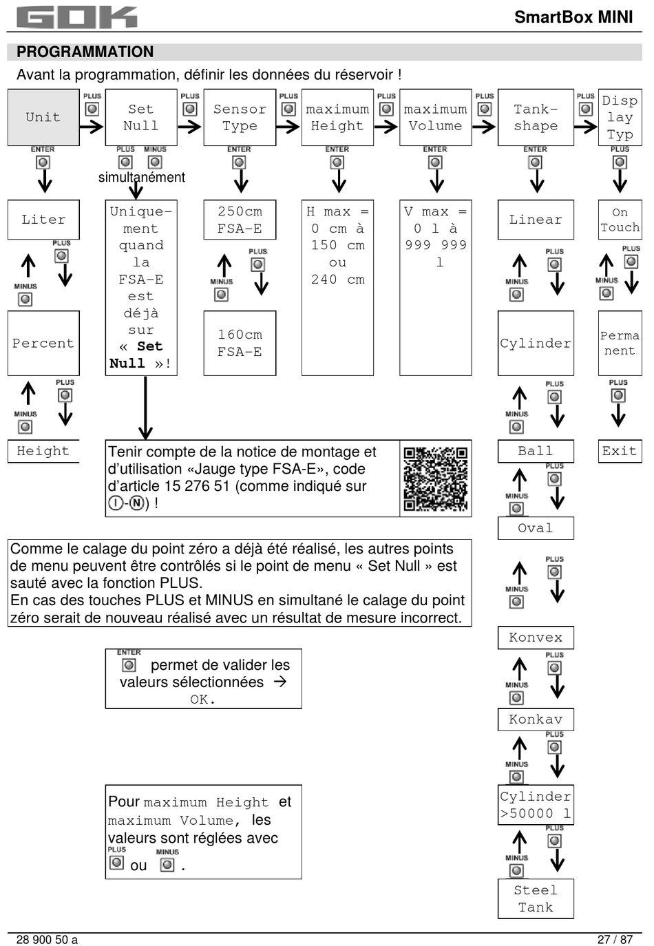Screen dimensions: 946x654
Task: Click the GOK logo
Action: (x=76, y=17)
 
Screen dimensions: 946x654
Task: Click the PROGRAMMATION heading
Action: (x=85, y=52)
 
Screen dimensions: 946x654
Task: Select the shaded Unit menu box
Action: (x=43, y=117)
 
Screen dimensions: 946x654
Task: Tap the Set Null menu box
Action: (x=140, y=117)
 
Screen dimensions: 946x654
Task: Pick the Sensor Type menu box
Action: (x=240, y=117)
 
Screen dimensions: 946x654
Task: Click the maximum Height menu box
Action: (x=337, y=117)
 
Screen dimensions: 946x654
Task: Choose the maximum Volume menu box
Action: (x=435, y=117)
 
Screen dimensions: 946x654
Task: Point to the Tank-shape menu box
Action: (x=536, y=117)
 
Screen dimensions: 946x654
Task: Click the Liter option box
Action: (x=43, y=220)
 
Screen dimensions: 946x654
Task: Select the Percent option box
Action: (x=43, y=343)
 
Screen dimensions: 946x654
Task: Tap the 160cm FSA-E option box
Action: (x=240, y=343)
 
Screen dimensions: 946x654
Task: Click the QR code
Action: (x=435, y=479)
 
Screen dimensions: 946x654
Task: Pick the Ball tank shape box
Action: (x=536, y=451)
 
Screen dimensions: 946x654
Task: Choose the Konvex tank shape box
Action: (x=536, y=638)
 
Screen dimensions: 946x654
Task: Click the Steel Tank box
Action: (x=536, y=898)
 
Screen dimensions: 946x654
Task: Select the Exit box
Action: (x=620, y=451)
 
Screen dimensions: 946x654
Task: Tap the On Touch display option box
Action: (x=620, y=220)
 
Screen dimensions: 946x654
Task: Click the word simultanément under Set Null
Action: (x=141, y=178)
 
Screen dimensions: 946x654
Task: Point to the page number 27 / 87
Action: (x=615, y=939)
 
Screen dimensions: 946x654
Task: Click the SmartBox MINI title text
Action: (x=573, y=17)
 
